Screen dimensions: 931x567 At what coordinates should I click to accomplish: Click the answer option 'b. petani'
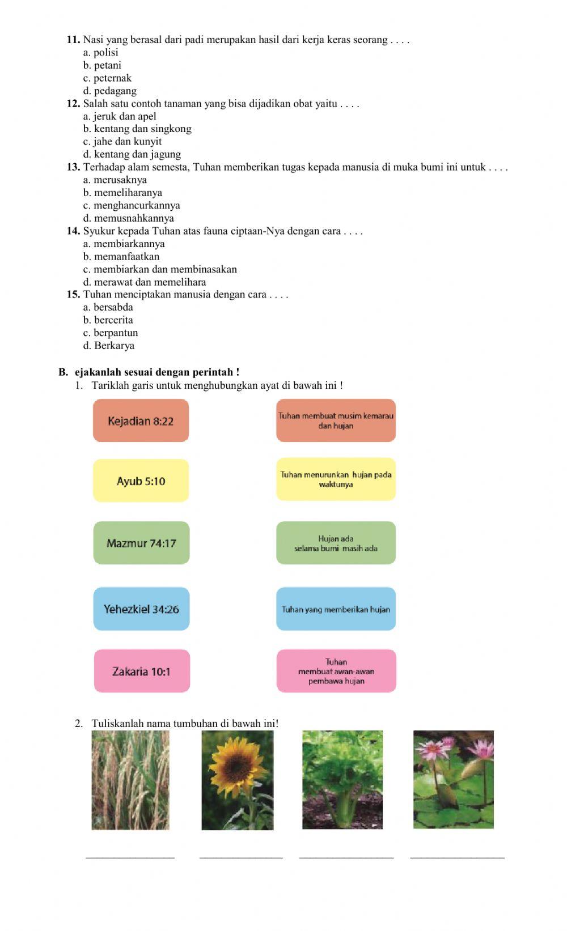(102, 65)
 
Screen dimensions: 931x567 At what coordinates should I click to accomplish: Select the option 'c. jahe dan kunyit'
(122, 142)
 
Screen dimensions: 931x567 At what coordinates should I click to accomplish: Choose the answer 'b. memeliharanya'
(122, 193)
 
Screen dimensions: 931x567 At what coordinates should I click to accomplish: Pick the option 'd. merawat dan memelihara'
(145, 282)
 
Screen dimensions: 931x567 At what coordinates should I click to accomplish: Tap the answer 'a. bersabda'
(108, 307)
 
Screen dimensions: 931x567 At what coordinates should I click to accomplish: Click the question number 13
(73, 167)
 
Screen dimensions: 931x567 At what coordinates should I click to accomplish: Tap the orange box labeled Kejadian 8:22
(141, 420)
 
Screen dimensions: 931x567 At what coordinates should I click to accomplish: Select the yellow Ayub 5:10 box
(141, 481)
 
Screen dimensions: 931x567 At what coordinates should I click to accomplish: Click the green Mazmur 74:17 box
(141, 543)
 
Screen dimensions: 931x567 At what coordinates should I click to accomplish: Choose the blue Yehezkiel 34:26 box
(141, 609)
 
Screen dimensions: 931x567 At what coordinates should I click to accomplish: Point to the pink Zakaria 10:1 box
(142, 671)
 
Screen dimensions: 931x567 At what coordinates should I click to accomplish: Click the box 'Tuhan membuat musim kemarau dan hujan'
(336, 420)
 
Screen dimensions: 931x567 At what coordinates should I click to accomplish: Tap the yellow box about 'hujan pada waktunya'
(336, 479)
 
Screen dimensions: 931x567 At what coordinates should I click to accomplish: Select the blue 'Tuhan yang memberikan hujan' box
(336, 609)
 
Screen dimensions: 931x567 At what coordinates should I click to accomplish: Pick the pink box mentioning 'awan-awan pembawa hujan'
(336, 671)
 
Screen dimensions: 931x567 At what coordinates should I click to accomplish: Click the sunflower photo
(238, 780)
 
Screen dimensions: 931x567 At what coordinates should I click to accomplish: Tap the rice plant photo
(130, 780)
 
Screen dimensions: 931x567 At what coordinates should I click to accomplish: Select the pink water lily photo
(453, 780)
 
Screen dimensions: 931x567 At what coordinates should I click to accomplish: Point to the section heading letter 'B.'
(63, 372)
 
